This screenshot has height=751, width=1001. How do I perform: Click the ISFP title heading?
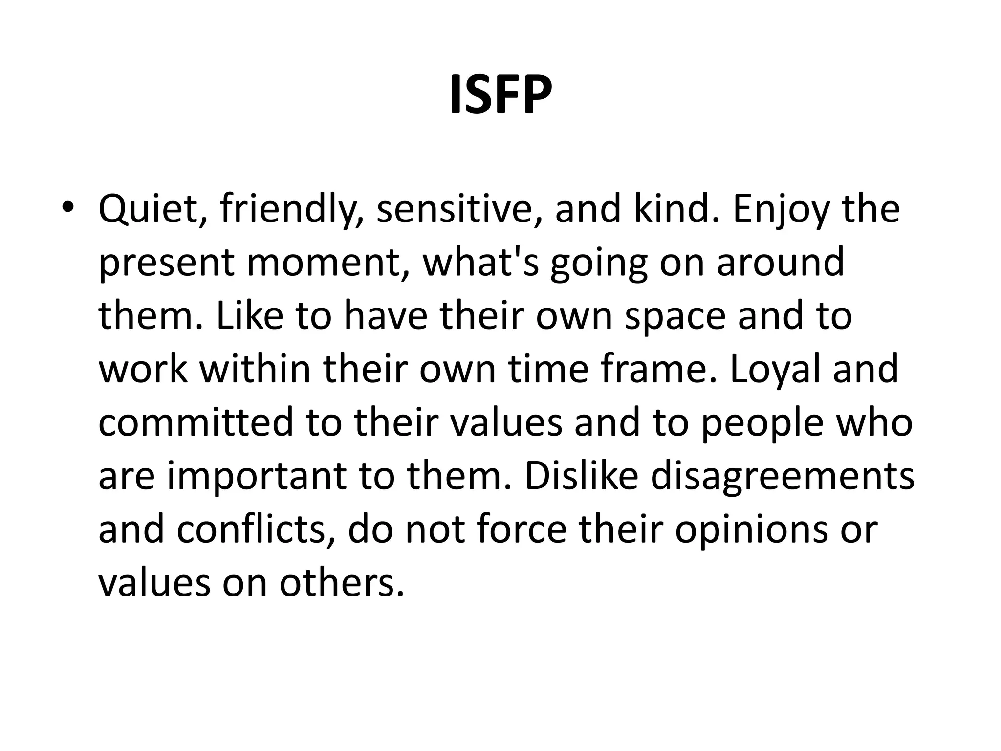point(500,95)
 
